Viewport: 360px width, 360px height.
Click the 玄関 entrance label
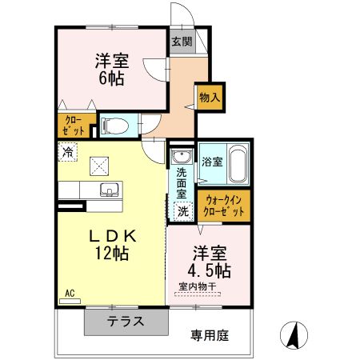pos(181,42)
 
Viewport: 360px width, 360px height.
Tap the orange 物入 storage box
pos(210,97)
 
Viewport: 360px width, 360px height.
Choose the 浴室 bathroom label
pos(211,161)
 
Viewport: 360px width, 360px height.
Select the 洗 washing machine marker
pos(183,212)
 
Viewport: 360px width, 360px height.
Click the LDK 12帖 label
pos(113,245)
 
